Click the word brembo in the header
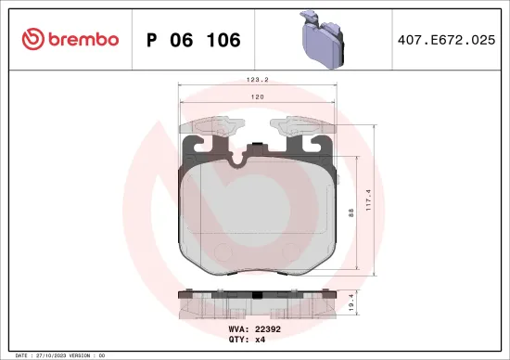[x=83, y=39]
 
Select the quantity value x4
[x=260, y=339]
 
